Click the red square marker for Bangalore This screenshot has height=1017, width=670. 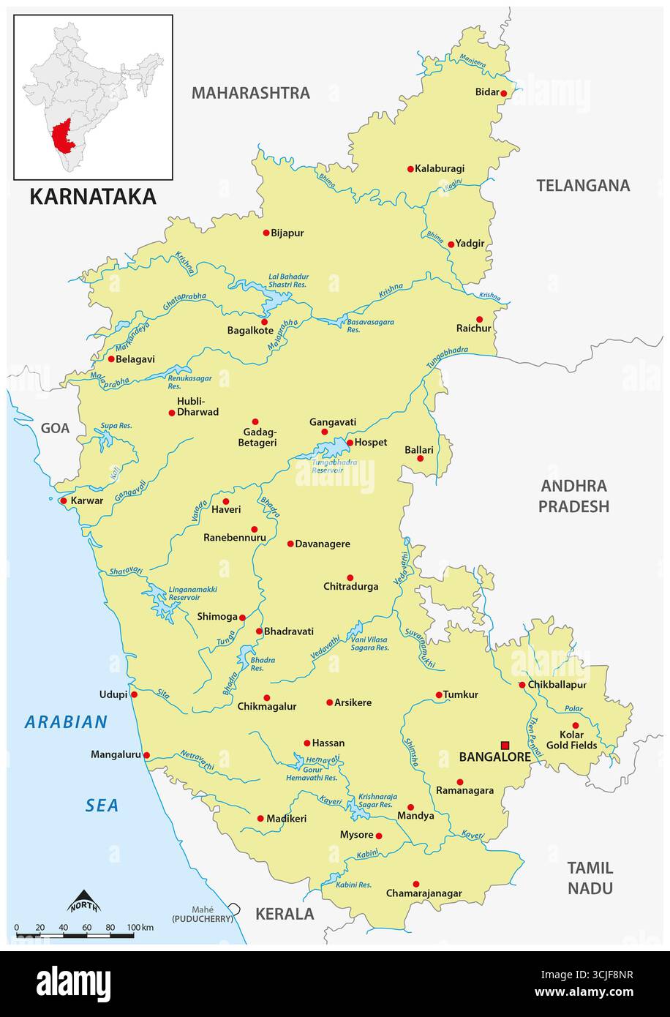[505, 746]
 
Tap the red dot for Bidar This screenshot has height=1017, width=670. [503, 93]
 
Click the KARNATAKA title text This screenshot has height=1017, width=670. [92, 197]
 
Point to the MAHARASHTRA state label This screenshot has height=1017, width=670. [250, 93]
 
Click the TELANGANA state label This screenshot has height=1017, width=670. [582, 185]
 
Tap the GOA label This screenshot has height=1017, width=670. [55, 428]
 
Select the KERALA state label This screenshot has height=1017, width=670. [284, 914]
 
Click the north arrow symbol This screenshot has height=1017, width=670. [83, 901]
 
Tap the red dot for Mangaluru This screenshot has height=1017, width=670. [146, 755]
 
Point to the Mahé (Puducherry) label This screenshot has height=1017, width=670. [203, 913]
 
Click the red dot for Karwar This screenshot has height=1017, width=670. [64, 501]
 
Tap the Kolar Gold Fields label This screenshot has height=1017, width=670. [571, 740]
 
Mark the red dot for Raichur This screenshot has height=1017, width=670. [480, 319]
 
